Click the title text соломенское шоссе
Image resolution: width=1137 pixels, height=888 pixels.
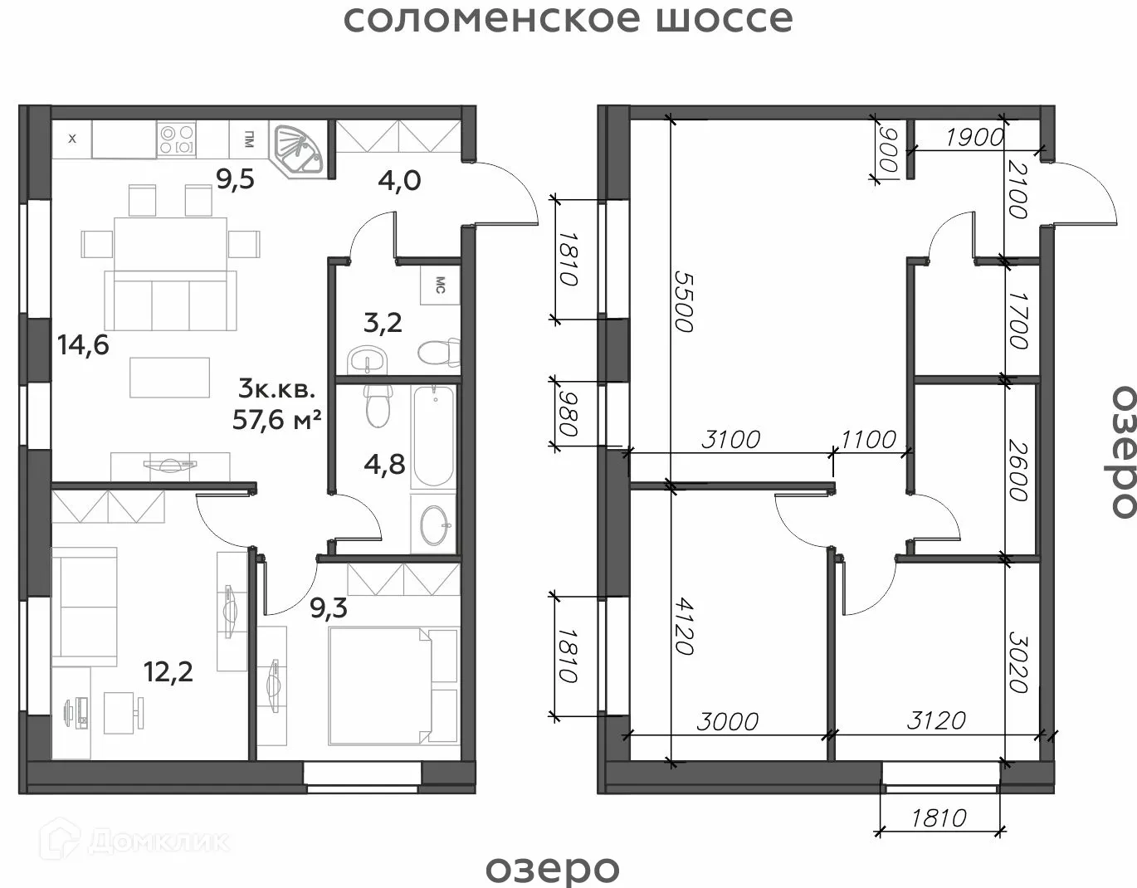[x=568, y=19]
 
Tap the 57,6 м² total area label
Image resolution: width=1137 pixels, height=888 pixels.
[x=277, y=419]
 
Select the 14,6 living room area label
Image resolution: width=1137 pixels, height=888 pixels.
[x=83, y=345]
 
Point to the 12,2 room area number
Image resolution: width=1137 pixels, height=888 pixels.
[x=168, y=672]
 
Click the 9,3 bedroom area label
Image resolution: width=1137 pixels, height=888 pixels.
[x=329, y=608]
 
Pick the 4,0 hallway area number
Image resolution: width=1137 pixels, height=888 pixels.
[x=399, y=181]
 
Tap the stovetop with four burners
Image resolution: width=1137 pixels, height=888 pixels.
[x=177, y=139]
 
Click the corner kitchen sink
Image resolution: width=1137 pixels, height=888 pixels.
[x=297, y=149]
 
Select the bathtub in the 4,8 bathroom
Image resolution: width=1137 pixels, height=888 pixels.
[x=433, y=437]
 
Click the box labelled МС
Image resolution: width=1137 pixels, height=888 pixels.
[x=440, y=285]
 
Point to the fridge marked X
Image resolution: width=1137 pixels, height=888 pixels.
[x=72, y=139]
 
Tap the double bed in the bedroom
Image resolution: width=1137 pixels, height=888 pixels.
[x=393, y=686]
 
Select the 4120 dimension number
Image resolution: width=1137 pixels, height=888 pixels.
[x=684, y=627]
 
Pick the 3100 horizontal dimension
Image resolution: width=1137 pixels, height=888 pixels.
[x=730, y=440]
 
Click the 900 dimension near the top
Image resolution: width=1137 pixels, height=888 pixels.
[x=889, y=150]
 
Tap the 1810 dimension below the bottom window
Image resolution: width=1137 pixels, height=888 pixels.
[x=939, y=818]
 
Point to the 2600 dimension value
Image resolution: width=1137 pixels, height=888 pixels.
[x=1017, y=471]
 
